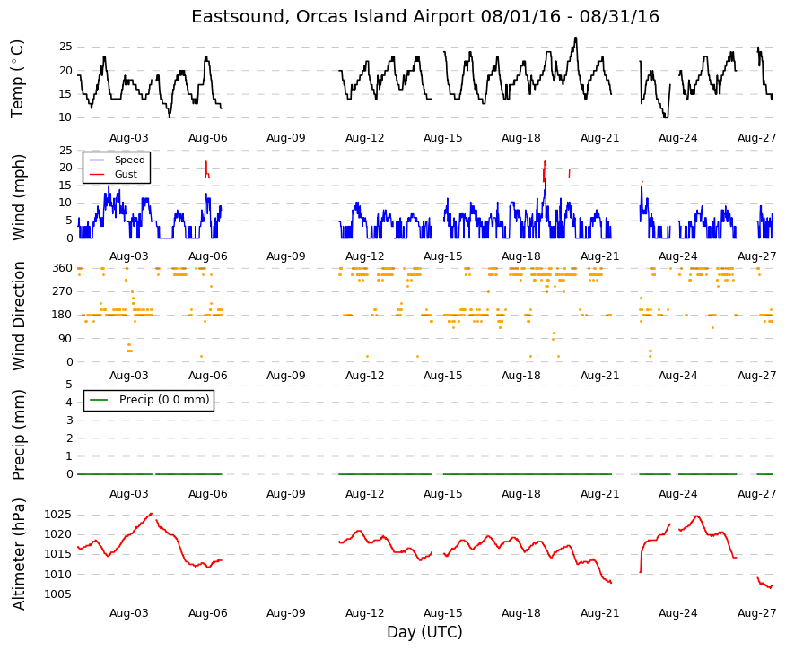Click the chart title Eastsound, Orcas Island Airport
pos(332,16)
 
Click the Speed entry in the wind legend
pos(130,160)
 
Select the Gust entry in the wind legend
pos(126,174)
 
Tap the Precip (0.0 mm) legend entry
pos(164,400)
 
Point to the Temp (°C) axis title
pos(17,79)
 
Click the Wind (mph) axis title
pos(18,197)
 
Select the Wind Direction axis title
pos(19,316)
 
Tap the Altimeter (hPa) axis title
pos(19,554)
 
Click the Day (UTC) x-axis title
pos(424,632)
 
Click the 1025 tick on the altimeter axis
pos(57,515)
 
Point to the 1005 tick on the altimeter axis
pos(57,594)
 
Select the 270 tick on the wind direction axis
pos(62,291)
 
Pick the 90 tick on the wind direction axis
pos(65,339)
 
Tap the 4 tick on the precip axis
pos(69,403)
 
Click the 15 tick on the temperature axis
pos(65,93)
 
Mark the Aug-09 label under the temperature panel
pos(285,138)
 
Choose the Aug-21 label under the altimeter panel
pos(599,613)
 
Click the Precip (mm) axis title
pos(18,435)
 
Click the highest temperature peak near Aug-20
pos(575,38)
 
